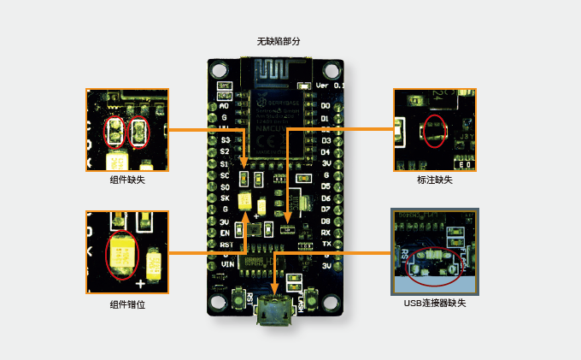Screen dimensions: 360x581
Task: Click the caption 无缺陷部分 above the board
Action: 279,41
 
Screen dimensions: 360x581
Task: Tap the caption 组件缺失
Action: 126,180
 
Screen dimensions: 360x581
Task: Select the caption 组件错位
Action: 126,304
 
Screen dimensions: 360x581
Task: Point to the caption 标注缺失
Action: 434,180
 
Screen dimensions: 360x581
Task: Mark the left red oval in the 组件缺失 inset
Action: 114,132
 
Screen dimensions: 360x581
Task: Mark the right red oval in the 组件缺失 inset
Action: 138,132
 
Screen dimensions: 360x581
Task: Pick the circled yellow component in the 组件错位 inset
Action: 121,254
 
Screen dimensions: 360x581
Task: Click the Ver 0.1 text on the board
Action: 330,86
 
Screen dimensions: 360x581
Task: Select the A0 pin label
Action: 225,105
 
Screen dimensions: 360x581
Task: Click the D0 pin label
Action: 326,106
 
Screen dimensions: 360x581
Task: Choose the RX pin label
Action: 326,232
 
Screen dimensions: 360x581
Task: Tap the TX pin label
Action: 326,244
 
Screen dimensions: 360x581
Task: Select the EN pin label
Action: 226,233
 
